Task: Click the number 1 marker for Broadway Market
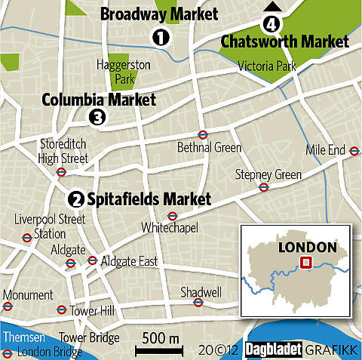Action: tap(159, 35)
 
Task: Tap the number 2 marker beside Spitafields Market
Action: tap(75, 199)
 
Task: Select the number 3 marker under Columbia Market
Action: tap(97, 116)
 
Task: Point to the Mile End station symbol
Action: tap(353, 150)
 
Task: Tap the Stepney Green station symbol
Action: tap(264, 187)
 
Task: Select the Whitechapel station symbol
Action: tap(172, 215)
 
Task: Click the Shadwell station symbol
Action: tap(198, 303)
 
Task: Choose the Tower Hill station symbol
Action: tap(61, 309)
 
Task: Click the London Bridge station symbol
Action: tap(7, 352)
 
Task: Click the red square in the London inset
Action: tap(306, 263)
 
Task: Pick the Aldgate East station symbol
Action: tap(92, 260)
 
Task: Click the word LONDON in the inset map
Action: tap(306, 246)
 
